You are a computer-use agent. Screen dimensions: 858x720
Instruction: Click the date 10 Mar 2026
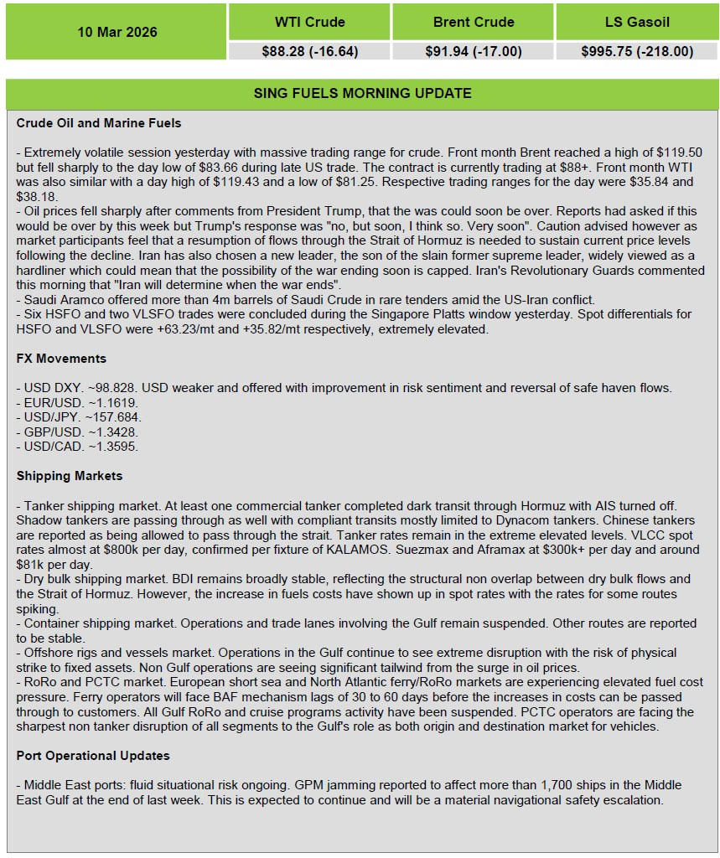(x=117, y=32)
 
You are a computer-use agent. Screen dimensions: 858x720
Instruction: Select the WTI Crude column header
(x=309, y=22)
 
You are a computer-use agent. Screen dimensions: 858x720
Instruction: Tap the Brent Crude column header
(x=474, y=22)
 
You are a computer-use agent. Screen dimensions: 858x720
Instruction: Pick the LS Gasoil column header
(x=637, y=22)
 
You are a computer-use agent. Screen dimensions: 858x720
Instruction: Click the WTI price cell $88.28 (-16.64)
(x=309, y=51)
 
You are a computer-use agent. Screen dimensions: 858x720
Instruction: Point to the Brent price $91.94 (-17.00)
(x=474, y=51)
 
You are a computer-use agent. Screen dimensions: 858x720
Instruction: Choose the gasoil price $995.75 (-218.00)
(x=637, y=51)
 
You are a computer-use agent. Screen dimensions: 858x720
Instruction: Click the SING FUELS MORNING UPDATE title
(x=362, y=93)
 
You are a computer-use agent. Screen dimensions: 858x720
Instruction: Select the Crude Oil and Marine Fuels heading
(x=99, y=123)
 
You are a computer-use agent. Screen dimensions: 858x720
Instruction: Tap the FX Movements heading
(x=61, y=358)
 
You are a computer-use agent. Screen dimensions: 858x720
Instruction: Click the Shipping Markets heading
(x=70, y=475)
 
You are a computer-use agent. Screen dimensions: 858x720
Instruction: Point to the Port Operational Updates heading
(x=93, y=755)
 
